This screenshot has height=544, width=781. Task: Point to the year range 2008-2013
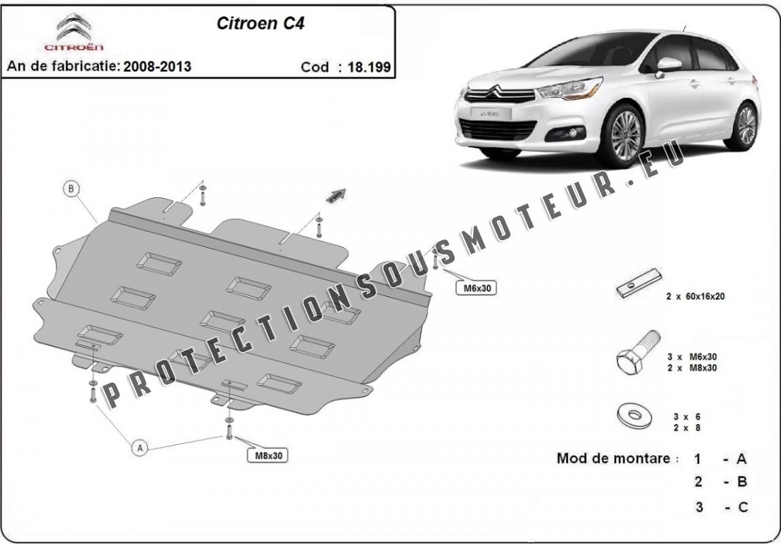coord(157,66)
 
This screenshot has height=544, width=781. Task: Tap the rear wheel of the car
coord(746,125)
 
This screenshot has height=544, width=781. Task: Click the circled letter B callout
coord(71,189)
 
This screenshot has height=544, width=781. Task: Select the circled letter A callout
coord(140,448)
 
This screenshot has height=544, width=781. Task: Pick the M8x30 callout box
coord(268,456)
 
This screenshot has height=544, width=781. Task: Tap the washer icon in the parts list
coord(633,416)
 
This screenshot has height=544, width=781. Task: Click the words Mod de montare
coord(616,458)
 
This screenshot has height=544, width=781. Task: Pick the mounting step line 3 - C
coord(720,507)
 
